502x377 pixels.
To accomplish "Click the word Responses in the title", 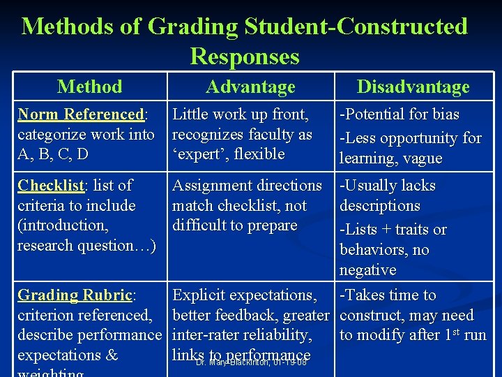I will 244,57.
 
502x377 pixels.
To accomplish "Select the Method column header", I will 89,87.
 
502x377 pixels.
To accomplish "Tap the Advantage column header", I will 250,87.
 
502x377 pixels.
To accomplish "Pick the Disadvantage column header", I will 413,87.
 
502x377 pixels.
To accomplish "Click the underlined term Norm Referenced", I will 80,114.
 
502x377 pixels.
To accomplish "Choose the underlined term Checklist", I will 50,186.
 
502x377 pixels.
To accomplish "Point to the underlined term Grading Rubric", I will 75,295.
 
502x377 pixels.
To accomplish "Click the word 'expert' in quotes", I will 200,154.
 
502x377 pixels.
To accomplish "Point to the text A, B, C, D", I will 54,154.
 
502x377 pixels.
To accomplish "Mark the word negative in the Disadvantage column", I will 367,270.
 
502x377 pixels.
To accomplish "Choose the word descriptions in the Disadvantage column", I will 379,206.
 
